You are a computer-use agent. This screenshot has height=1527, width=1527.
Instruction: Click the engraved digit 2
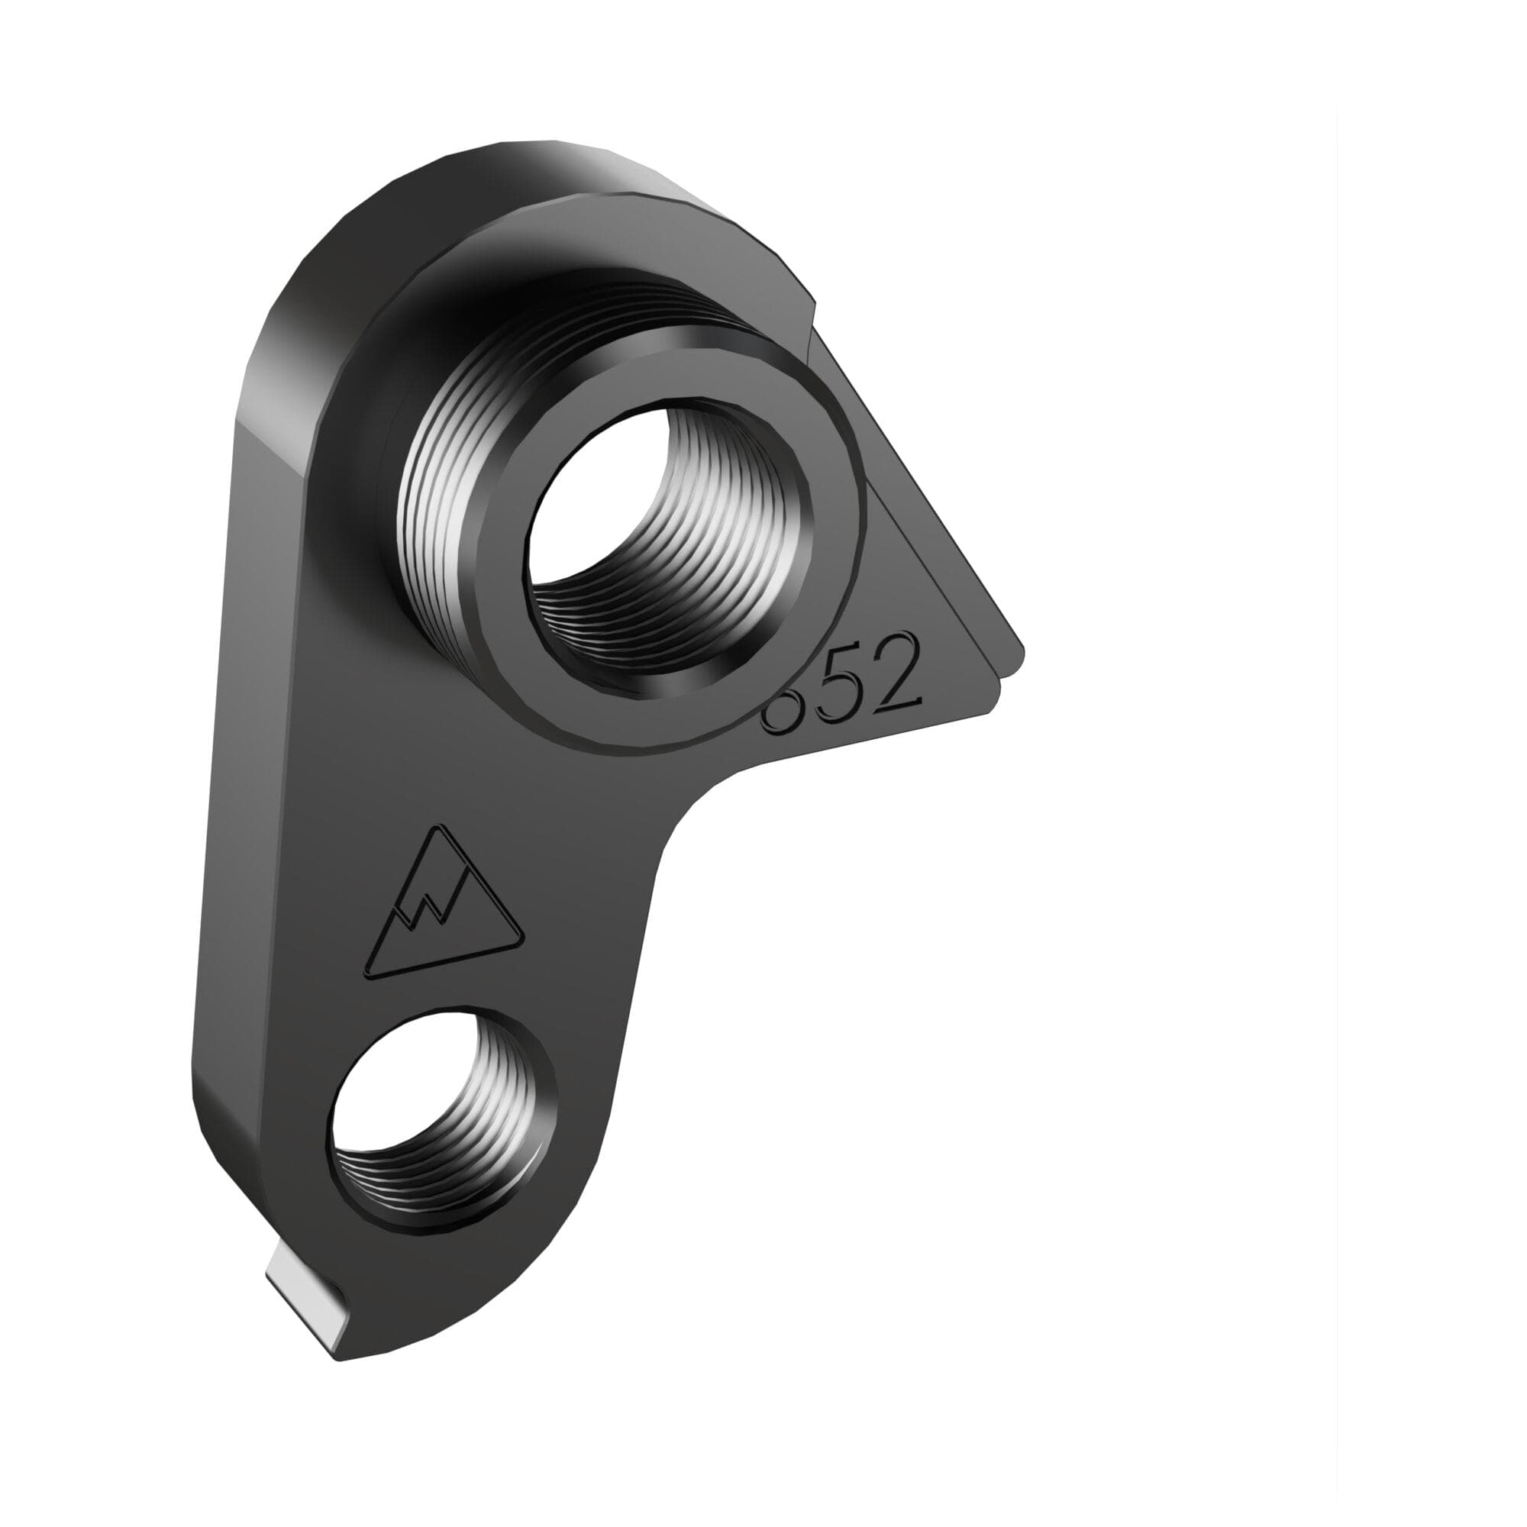pos(899,676)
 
